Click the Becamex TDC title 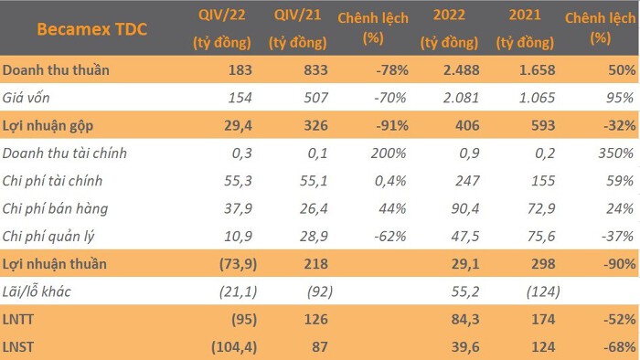(91, 29)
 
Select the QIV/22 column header (221, 28)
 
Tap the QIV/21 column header (297, 28)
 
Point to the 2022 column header (449, 28)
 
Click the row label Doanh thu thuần (56, 70)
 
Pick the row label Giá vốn (27, 98)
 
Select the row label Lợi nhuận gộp (48, 126)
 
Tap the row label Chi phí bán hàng (55, 208)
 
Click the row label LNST (18, 347)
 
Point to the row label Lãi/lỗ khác (37, 291)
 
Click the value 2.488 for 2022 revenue (461, 70)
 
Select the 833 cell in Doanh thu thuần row (315, 70)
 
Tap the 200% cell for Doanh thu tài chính (389, 154)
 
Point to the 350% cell (616, 154)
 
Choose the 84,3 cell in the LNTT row (465, 319)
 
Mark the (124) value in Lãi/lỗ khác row (543, 291)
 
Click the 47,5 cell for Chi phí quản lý (465, 237)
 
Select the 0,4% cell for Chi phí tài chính (390, 181)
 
